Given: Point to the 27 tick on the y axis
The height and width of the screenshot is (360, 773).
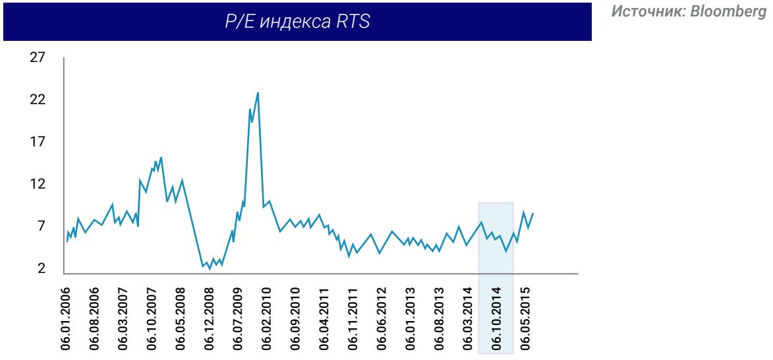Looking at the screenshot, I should [x=38, y=57].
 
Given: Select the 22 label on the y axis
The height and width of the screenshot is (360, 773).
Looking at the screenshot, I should [x=38, y=100].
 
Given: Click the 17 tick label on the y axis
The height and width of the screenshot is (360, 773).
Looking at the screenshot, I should [x=38, y=142].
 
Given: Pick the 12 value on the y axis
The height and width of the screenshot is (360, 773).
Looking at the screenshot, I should [x=38, y=184].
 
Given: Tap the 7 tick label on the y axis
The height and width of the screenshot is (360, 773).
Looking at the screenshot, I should [x=41, y=226].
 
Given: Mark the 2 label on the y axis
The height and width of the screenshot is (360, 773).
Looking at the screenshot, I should [x=41, y=268].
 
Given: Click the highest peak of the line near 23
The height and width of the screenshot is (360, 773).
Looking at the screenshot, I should [x=258, y=92].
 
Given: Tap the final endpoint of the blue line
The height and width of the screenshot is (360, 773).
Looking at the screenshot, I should [x=532, y=213].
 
